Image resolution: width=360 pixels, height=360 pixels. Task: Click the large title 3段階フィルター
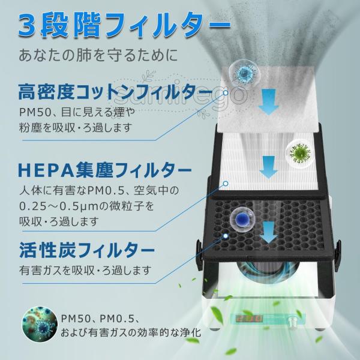click(124, 25)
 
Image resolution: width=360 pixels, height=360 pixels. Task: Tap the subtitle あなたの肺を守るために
click(98, 55)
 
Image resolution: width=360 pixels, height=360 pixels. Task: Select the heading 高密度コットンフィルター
click(115, 92)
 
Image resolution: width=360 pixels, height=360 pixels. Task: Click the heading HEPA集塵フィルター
click(104, 170)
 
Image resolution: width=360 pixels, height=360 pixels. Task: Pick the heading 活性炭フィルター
click(87, 250)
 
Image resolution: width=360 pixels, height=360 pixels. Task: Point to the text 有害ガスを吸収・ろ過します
click(85, 271)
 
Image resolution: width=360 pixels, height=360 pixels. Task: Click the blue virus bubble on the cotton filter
click(246, 73)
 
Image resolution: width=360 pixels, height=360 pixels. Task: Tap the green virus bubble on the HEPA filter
click(299, 152)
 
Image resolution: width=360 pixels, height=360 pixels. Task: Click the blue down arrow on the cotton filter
click(269, 103)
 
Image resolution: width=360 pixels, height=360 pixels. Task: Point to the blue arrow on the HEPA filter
click(269, 167)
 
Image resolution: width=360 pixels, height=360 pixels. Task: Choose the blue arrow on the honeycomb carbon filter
click(269, 232)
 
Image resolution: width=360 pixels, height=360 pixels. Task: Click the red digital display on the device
click(249, 318)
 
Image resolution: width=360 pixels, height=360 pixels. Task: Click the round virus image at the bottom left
click(40, 324)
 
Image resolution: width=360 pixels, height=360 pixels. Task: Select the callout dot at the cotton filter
click(226, 92)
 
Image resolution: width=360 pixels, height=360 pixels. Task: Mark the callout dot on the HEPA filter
click(226, 183)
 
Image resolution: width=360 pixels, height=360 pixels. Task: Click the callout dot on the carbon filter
click(226, 236)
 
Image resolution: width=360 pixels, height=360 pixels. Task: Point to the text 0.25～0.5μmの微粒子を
click(86, 206)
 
